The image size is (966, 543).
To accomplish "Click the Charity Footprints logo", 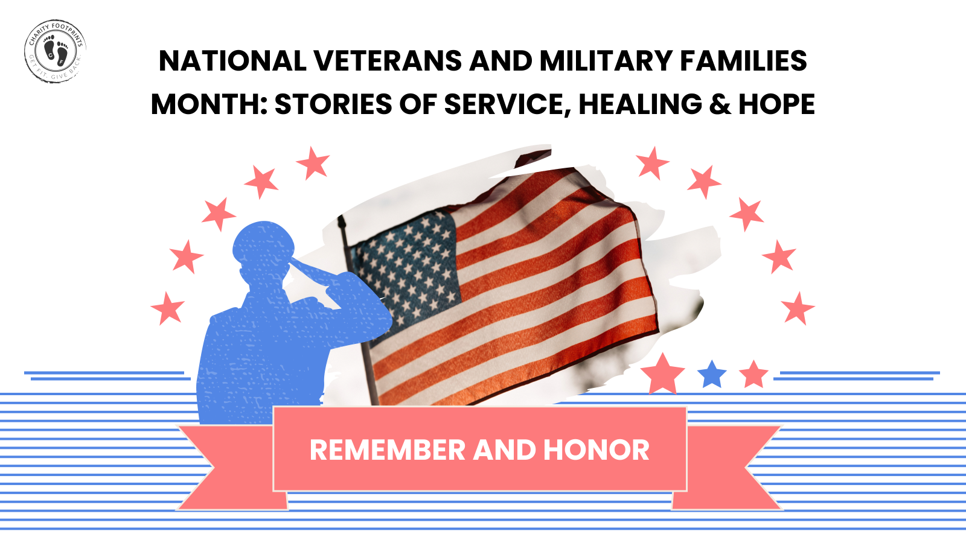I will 55,51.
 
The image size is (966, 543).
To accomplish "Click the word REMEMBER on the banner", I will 387,450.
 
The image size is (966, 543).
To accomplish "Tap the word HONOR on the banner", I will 596,450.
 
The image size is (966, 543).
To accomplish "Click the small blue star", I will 712,374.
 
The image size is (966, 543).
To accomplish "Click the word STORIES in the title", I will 333,104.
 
